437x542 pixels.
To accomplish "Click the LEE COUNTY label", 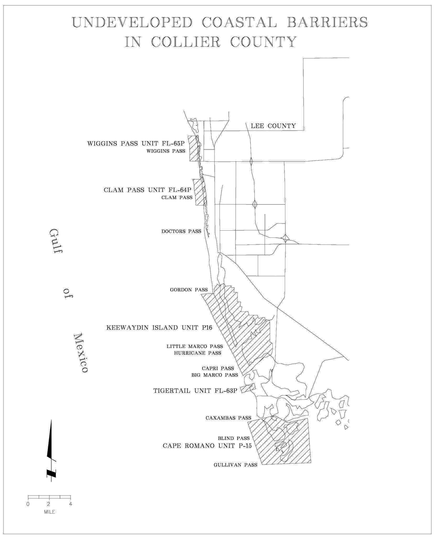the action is click(x=273, y=126).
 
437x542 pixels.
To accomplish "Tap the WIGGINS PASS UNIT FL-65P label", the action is click(x=136, y=144).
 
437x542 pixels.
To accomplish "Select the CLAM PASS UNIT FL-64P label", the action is click(x=148, y=190).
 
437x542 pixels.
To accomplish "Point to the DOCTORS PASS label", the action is click(x=181, y=231).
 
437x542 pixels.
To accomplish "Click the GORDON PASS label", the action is click(x=189, y=290).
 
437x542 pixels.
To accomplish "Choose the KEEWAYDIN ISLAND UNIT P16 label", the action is click(x=159, y=328).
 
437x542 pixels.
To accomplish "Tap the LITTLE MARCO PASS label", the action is click(x=195, y=346).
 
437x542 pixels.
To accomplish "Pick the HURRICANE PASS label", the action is click(x=198, y=353).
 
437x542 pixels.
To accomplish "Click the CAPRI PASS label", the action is click(x=218, y=368).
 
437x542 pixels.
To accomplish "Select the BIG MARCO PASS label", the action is click(x=215, y=375).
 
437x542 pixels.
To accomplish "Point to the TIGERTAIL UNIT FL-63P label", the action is click(x=195, y=391).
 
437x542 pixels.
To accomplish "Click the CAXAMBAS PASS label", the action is click(x=228, y=418).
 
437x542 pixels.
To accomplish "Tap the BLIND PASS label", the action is click(x=234, y=438).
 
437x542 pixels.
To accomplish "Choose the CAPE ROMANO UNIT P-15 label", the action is click(x=207, y=446).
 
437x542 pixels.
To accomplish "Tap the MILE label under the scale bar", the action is click(x=50, y=512).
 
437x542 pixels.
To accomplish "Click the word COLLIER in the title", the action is click(x=186, y=42).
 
